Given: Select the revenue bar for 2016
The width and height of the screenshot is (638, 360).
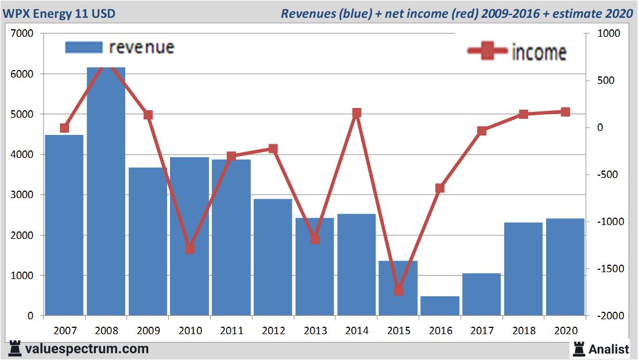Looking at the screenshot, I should coord(440,305).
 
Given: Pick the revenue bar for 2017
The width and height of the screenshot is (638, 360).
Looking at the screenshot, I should coord(482,294).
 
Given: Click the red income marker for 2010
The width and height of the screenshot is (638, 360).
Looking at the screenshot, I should coord(190,249).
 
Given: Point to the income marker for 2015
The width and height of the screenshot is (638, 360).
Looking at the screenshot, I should coord(399,291).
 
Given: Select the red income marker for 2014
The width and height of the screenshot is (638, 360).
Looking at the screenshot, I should coord(357,113).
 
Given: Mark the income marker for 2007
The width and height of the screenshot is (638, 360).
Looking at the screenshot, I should coord(64,128).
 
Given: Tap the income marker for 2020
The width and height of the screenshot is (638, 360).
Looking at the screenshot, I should coord(566,112).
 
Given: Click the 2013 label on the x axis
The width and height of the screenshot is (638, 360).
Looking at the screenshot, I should coord(315,331).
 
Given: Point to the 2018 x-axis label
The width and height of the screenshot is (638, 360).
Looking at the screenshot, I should coord(524,331).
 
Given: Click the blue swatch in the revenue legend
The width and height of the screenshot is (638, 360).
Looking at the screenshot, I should coord(84,47).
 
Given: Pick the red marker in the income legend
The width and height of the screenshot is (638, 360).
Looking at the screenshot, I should coord(488,52).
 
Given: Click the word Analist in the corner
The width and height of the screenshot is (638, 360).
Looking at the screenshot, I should coord(609,349).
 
